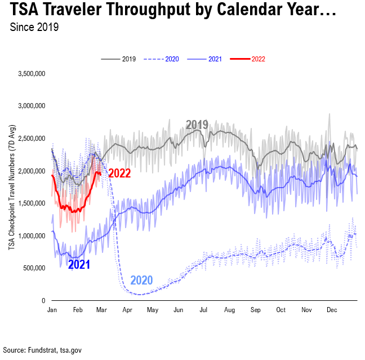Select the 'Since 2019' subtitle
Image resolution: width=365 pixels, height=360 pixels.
pos(34,27)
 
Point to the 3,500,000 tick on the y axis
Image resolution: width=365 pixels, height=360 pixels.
pos(32,74)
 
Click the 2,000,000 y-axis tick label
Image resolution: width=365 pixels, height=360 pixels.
pos(32,171)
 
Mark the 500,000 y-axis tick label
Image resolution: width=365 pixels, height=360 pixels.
pos(34,268)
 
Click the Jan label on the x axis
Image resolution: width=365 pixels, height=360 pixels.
pos(52,310)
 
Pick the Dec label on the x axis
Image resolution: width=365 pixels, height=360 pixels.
pos(332,310)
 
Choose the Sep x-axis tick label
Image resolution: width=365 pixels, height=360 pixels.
pos(255,310)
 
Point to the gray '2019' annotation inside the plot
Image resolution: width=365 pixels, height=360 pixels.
pos(197,125)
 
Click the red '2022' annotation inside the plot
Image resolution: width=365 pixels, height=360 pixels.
pos(119,174)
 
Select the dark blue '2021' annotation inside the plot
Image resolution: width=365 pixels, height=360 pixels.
pos(79,264)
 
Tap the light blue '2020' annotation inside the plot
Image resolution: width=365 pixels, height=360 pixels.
pos(141,280)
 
